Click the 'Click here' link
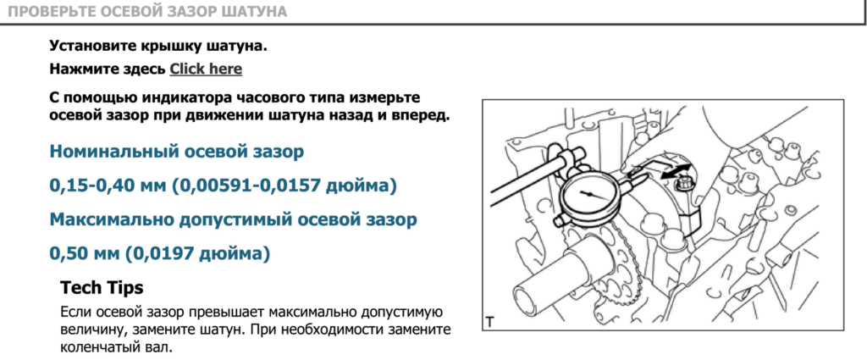pyautogui.click(x=206, y=69)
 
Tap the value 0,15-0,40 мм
pyautogui.click(x=108, y=186)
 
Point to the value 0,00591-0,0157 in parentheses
pyautogui.click(x=246, y=186)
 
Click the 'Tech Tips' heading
pyautogui.click(x=102, y=287)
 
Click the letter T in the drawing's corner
pyautogui.click(x=489, y=321)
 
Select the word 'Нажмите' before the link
pyautogui.click(x=80, y=69)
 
